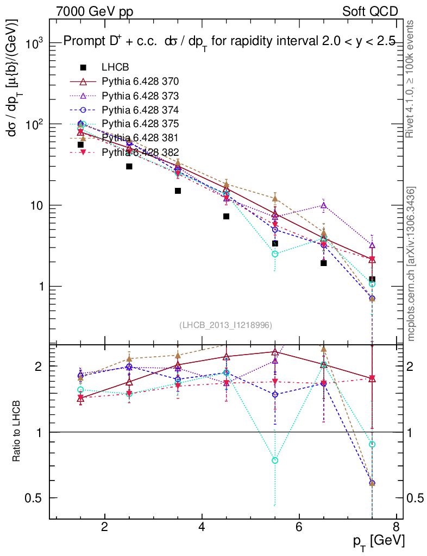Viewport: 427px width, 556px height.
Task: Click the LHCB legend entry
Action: tap(114, 67)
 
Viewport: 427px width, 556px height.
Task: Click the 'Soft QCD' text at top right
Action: tap(369, 11)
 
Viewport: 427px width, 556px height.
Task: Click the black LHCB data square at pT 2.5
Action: tap(129, 166)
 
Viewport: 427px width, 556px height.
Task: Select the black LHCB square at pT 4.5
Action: tap(227, 216)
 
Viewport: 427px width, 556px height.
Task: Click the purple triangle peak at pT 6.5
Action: tap(324, 205)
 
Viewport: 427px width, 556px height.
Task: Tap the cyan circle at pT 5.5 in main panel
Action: tap(275, 254)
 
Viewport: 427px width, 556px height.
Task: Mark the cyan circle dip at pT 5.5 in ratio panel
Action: tap(275, 460)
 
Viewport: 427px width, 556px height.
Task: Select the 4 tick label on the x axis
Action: tap(202, 527)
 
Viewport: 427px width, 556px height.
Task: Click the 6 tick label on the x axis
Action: tap(299, 527)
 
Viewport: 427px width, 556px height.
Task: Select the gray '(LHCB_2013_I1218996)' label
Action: tap(225, 325)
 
